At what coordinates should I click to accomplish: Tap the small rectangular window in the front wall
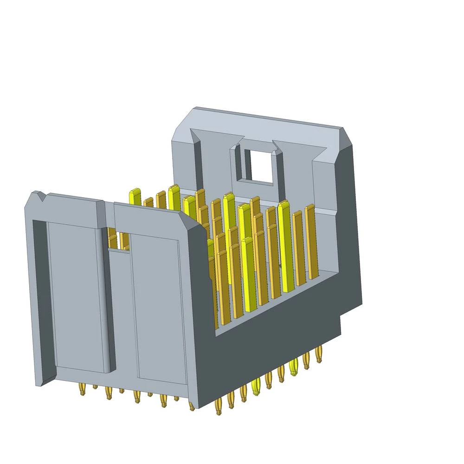[119, 238]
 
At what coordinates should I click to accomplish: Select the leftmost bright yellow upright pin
[135, 197]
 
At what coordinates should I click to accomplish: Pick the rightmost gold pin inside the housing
[310, 241]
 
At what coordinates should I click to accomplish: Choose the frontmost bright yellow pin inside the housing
[248, 278]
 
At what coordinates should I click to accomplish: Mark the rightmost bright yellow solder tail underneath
[293, 368]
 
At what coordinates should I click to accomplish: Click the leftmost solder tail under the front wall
[82, 390]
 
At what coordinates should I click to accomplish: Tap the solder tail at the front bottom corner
[192, 406]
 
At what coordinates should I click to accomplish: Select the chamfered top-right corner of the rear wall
[348, 137]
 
